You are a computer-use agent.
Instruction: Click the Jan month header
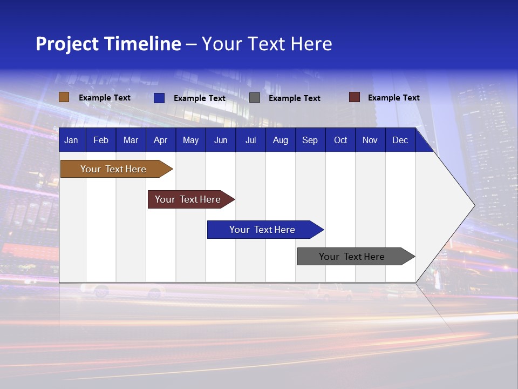tap(72, 140)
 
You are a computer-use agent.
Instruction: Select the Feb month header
tap(101, 140)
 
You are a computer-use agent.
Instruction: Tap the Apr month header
tap(161, 140)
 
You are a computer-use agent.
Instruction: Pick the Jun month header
tap(221, 140)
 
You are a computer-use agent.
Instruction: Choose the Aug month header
tap(281, 140)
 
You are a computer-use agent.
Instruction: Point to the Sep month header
tap(310, 140)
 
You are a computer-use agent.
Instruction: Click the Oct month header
tap(340, 140)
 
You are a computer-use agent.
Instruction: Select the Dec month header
tap(400, 140)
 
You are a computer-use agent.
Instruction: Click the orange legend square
tap(64, 97)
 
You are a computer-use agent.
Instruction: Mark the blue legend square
tap(159, 98)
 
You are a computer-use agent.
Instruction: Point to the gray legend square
tap(255, 98)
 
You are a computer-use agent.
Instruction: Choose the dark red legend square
tap(355, 97)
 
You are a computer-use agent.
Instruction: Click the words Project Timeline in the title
tap(108, 44)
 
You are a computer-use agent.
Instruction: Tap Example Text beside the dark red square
tap(394, 98)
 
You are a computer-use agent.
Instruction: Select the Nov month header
tap(370, 140)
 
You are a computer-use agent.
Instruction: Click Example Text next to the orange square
tap(105, 98)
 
